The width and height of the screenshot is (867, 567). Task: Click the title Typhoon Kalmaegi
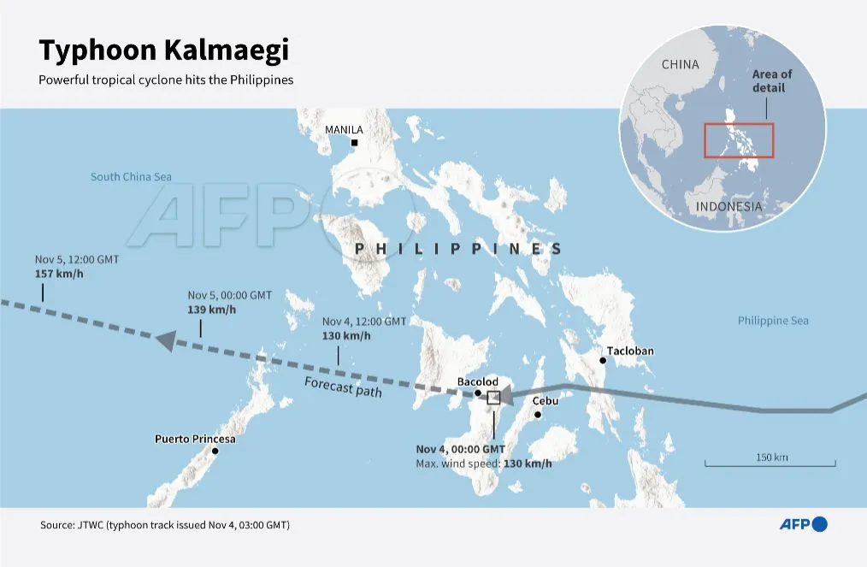163,50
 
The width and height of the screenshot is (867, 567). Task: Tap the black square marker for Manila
353,143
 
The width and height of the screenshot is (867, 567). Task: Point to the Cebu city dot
538,415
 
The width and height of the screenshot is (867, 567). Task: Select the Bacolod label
477,381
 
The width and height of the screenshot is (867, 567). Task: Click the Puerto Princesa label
195,439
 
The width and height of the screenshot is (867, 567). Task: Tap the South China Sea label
131,177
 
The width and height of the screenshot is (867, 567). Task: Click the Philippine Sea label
773,321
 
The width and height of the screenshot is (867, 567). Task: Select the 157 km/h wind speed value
56,274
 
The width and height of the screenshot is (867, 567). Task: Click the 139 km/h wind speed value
208,308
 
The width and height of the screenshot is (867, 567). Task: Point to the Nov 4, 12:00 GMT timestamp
364,322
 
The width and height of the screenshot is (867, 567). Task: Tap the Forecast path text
343,387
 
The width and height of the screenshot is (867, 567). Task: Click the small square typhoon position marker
493,398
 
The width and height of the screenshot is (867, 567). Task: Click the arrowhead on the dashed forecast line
167,340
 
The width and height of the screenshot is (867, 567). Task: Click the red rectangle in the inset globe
739,140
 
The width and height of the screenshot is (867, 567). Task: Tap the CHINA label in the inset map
680,65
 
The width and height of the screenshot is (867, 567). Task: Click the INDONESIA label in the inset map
728,207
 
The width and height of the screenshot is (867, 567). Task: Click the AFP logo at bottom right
803,524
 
